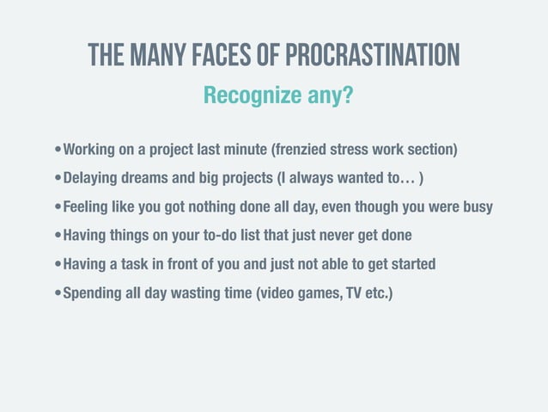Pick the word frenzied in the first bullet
pyautogui.click(x=303, y=151)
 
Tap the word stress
pyautogui.click(x=355, y=151)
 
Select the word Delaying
pyautogui.click(x=94, y=179)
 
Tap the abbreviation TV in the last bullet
pyautogui.click(x=350, y=292)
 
